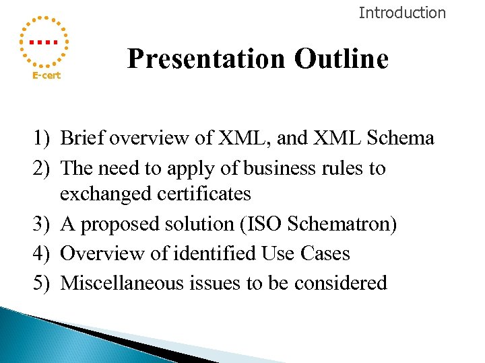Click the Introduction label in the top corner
tap(402, 12)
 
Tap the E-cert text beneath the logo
tap(46, 75)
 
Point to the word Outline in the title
tap(341, 59)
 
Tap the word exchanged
tap(104, 195)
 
